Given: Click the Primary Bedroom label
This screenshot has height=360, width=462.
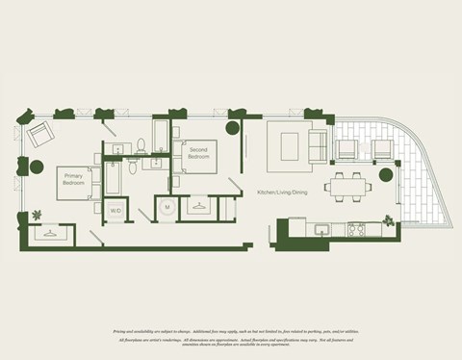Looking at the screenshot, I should tap(74, 179).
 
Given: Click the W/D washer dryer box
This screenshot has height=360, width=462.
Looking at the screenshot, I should tap(115, 209).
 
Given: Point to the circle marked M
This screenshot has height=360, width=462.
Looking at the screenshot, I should tap(167, 207).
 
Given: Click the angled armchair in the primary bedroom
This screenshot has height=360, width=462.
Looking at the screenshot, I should tap(40, 136).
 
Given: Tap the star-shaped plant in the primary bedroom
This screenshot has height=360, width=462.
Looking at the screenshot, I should tap(37, 215).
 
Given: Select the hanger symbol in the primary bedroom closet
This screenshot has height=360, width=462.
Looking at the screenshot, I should tap(47, 231).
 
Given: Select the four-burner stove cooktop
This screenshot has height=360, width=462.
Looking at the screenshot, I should tap(356, 229).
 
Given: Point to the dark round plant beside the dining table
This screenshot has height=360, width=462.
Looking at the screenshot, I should tap(387, 175).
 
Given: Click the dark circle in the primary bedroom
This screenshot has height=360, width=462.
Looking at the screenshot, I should tap(37, 167).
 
